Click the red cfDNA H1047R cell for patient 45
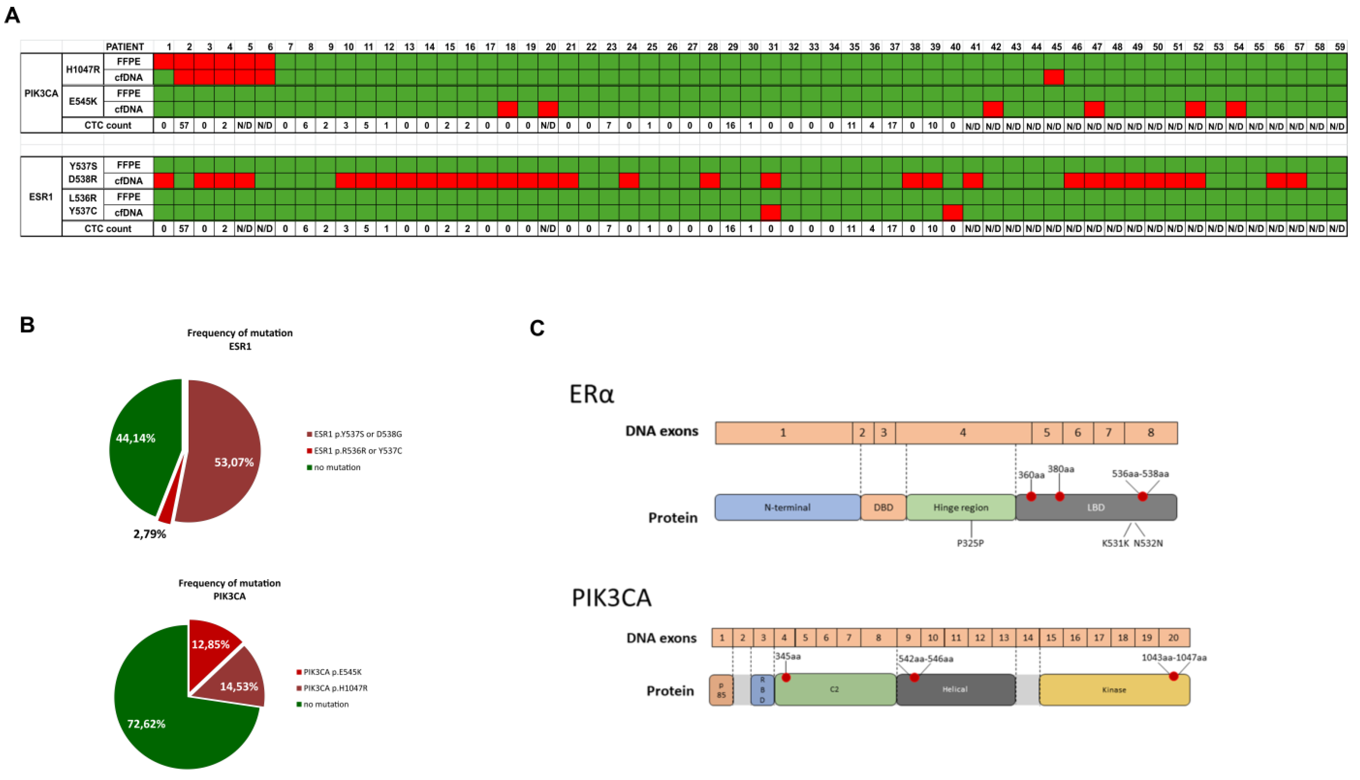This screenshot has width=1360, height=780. (1053, 77)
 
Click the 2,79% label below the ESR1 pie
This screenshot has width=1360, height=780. (149, 534)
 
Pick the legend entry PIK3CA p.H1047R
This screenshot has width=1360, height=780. (335, 688)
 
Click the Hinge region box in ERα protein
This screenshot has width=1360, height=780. (961, 507)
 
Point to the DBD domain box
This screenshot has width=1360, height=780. (883, 507)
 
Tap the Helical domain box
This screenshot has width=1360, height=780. (955, 689)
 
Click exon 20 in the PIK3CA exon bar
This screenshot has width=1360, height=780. (1173, 638)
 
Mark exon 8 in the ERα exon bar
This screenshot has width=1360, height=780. (1151, 433)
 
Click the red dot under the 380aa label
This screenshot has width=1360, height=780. (1059, 496)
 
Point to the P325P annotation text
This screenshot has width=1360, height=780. (971, 543)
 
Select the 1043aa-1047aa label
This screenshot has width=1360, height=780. (1174, 657)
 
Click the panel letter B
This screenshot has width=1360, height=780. (27, 325)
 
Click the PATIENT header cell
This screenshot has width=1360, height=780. (125, 47)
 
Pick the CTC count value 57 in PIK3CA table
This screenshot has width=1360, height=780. (184, 125)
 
